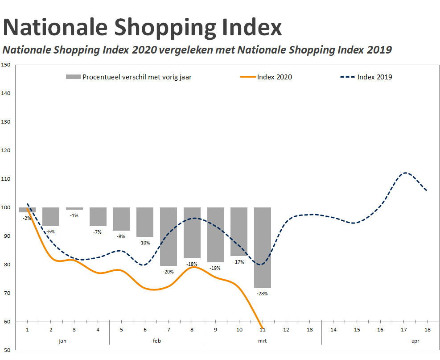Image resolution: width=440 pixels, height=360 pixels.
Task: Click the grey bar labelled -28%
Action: tap(262, 248)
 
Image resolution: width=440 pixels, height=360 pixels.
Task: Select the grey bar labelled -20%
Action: tap(169, 236)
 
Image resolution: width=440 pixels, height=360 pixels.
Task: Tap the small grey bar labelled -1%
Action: tap(74, 208)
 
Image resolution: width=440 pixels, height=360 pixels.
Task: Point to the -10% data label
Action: tap(145, 243)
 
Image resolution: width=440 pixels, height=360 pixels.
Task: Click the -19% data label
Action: tap(215, 268)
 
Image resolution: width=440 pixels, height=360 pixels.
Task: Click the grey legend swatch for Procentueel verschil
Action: tap(73, 77)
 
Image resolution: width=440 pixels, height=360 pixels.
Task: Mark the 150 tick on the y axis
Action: tap(6, 65)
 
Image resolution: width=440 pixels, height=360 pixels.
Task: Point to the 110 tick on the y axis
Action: tap(6, 179)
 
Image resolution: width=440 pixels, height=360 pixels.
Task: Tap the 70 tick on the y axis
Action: tap(6, 293)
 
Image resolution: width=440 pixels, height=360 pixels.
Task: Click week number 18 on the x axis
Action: tap(427, 330)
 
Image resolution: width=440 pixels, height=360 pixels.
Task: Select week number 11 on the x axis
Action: tap(263, 330)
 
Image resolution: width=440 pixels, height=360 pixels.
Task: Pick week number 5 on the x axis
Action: tap(121, 330)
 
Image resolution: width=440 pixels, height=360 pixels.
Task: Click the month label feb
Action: tap(156, 340)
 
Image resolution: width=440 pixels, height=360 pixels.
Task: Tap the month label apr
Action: tap(415, 340)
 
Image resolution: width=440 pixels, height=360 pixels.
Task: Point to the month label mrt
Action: tap(263, 340)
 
